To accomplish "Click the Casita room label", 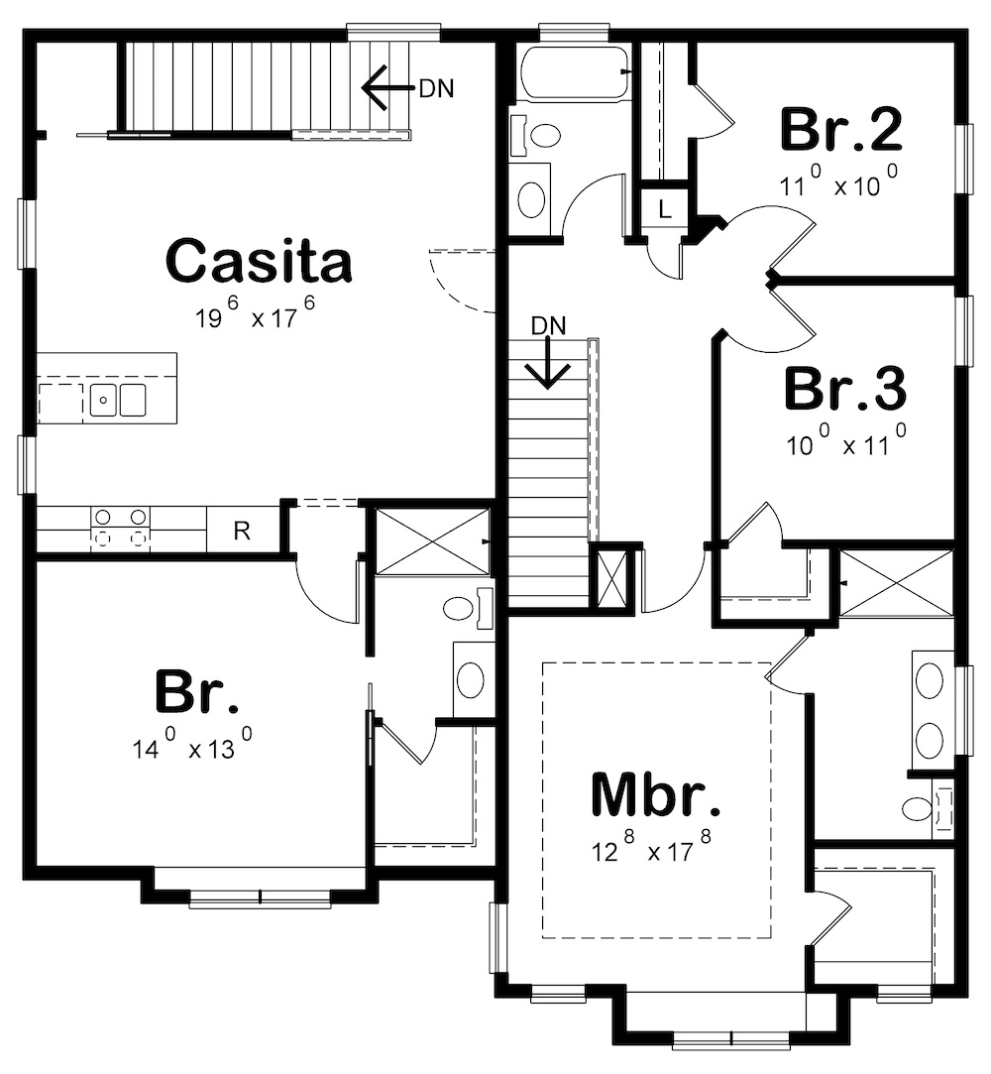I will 259,261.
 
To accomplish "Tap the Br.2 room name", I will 841,130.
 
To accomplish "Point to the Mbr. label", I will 655,793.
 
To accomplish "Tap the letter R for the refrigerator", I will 241,531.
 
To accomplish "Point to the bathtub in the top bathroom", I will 573,72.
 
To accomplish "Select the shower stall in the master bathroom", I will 897,583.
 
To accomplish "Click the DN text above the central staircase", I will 549,324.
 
